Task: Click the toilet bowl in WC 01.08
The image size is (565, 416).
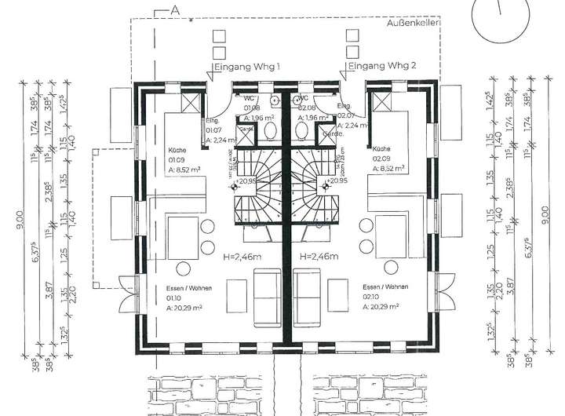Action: pos(269,130)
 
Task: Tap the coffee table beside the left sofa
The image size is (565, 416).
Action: pos(238,299)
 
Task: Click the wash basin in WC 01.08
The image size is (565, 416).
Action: pos(275,100)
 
